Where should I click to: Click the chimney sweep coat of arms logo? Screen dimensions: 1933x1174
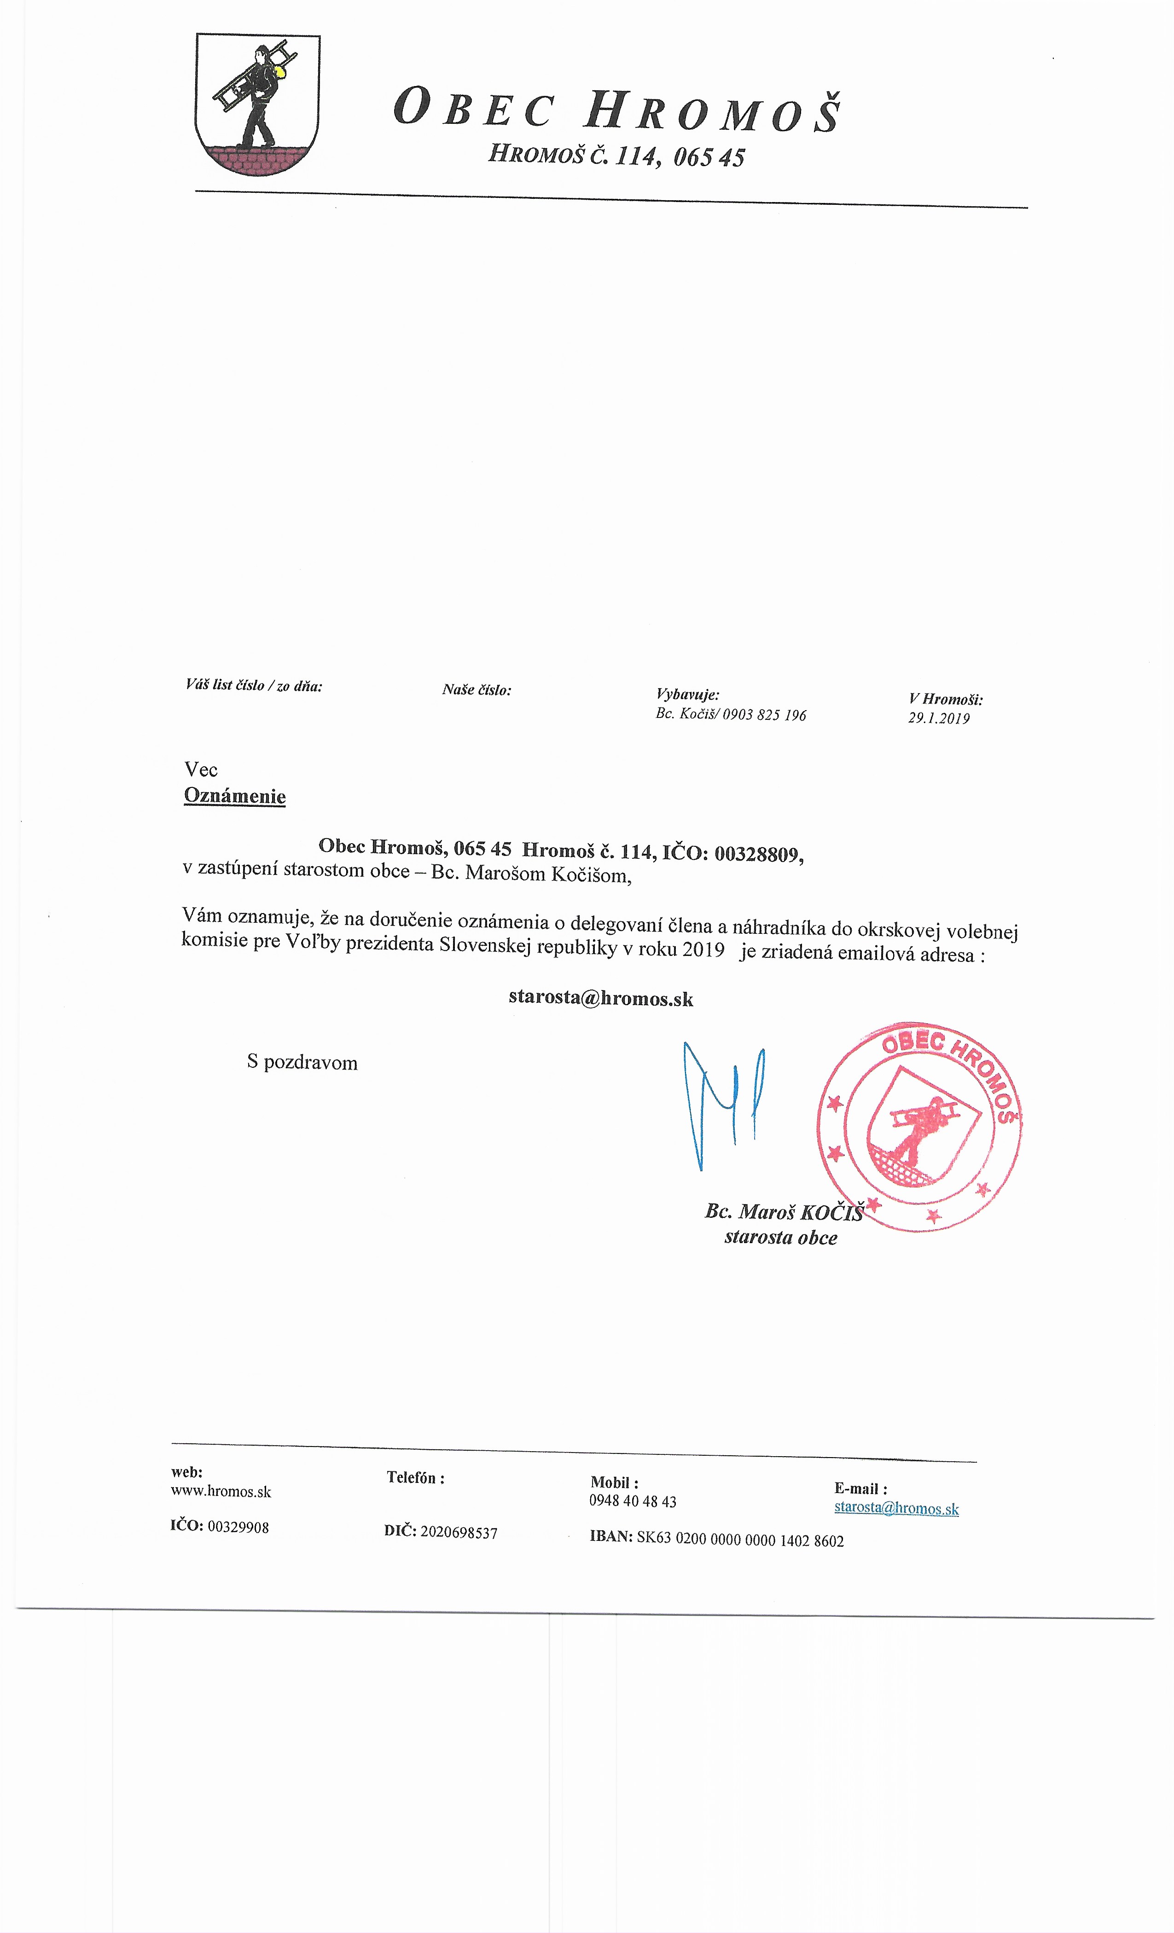click(257, 104)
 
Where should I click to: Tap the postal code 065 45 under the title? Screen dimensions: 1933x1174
click(709, 157)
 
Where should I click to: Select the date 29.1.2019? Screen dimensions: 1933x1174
click(939, 718)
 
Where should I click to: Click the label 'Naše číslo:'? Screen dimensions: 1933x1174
click(477, 689)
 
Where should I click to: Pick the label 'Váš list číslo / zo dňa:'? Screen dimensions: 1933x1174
click(254, 685)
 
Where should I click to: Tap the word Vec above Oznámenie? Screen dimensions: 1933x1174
click(201, 769)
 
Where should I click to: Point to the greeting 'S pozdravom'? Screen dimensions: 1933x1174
click(302, 1062)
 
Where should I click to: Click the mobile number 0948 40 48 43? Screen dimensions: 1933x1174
click(633, 1501)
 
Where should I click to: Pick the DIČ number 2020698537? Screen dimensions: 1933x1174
click(458, 1532)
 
